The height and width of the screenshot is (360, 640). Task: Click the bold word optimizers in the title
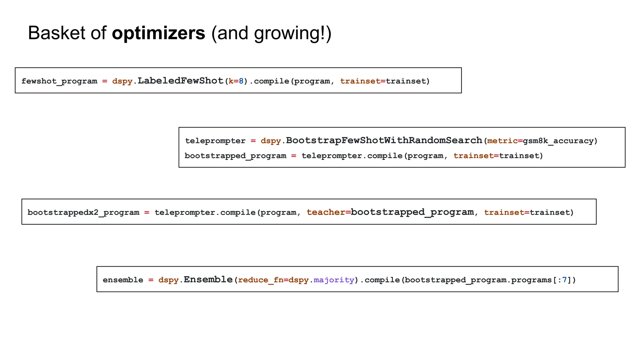click(158, 33)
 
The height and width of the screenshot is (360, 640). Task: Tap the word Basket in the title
click(56, 33)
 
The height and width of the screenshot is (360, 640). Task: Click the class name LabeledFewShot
click(181, 81)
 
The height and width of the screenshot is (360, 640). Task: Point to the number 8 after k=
click(241, 81)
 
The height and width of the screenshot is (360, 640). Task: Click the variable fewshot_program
click(59, 81)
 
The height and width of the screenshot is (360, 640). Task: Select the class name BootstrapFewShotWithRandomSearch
click(384, 140)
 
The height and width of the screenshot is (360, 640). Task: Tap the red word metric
click(502, 141)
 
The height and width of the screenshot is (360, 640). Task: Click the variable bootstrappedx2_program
click(83, 212)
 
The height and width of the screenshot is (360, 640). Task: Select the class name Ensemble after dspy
click(208, 279)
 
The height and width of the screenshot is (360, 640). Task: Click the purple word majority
click(334, 280)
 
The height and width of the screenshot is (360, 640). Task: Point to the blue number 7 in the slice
click(564, 280)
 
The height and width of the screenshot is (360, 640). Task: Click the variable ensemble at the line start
click(123, 280)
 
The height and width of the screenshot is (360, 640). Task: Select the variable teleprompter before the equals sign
click(215, 141)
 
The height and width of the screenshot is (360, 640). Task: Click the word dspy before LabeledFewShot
click(122, 81)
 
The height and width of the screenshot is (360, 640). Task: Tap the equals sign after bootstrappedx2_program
click(147, 212)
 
